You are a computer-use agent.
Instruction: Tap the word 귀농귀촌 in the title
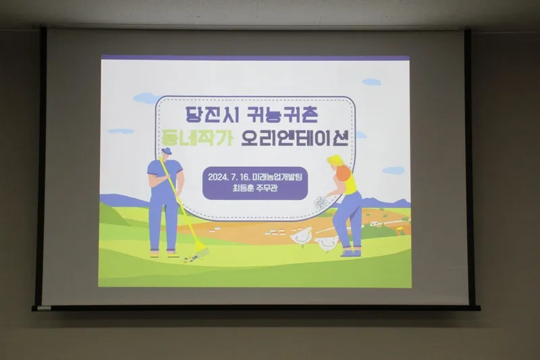tap(282, 114)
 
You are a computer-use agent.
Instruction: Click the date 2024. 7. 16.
tap(229, 177)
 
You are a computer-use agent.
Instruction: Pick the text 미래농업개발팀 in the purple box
tap(277, 177)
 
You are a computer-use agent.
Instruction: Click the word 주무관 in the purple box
tap(267, 188)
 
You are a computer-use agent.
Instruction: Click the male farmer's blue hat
tap(166, 151)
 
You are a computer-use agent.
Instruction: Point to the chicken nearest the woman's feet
tap(327, 244)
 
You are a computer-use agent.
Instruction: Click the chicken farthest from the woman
tap(301, 236)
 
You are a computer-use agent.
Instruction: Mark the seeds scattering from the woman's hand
tap(321, 203)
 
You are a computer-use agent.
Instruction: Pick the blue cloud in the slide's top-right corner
tap(372, 82)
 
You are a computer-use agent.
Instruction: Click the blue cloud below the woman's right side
tap(393, 170)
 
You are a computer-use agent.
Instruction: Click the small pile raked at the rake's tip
tap(188, 258)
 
